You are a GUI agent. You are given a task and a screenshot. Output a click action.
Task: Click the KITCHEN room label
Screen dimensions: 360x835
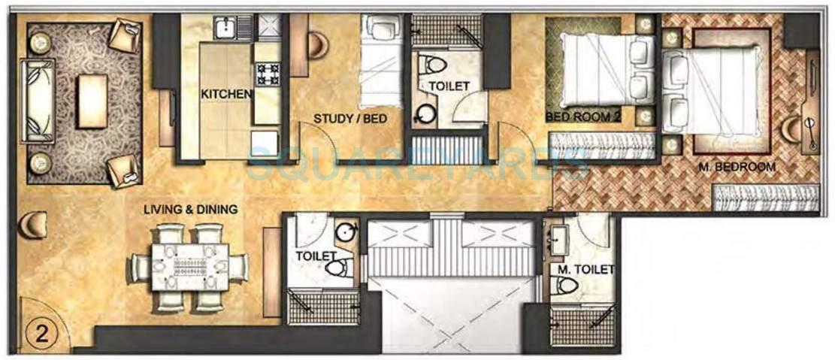(x=226, y=94)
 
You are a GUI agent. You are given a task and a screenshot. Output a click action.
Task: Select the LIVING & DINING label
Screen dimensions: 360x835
(x=191, y=209)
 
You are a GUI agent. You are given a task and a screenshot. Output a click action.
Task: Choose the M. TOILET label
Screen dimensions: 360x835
(x=585, y=269)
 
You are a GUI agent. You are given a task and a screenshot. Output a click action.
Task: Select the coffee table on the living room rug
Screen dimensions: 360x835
(x=92, y=101)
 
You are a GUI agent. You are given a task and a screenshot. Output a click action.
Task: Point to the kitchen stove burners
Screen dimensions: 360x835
(x=267, y=74)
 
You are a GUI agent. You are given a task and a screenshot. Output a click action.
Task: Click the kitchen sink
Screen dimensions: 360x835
(x=225, y=29)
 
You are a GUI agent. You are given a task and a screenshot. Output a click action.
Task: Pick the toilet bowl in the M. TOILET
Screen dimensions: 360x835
(x=565, y=285)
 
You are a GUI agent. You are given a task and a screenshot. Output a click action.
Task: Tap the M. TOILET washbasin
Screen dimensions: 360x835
(x=560, y=240)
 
